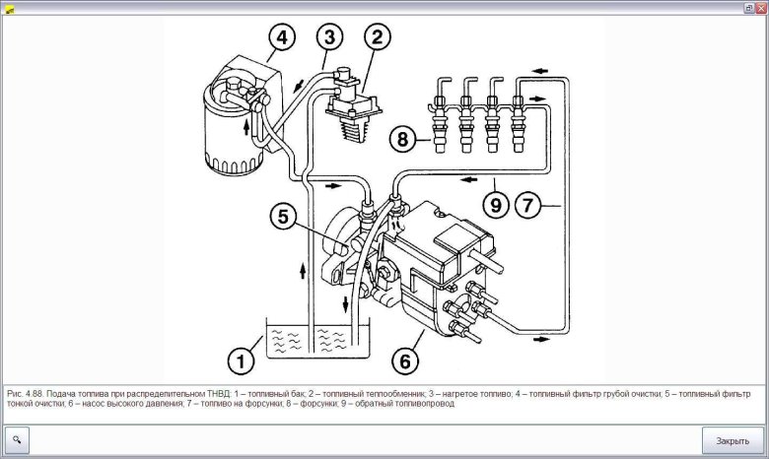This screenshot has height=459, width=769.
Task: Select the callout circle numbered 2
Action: [376, 38]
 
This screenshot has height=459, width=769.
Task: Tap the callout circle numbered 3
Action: [329, 38]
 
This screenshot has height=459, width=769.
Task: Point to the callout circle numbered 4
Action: [281, 38]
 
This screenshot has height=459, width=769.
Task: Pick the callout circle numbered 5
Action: [282, 219]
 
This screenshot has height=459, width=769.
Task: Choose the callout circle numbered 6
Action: [404, 361]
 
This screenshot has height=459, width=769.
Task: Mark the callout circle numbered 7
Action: [529, 206]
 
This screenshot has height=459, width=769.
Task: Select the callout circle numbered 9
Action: [496, 206]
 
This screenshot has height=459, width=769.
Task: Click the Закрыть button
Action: [733, 440]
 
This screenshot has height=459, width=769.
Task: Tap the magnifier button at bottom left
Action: [18, 439]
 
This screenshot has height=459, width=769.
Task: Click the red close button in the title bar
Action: [761, 7]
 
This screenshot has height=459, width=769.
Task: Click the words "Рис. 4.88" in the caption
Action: [24, 392]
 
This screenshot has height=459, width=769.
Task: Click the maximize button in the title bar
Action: [747, 7]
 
